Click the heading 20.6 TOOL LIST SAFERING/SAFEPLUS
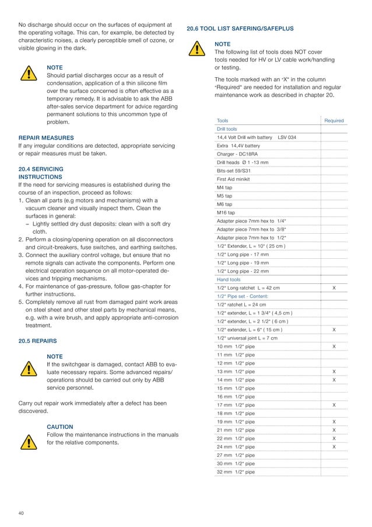(240, 28)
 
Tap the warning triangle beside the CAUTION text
(27, 442)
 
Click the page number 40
(22, 513)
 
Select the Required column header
(334, 120)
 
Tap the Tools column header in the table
(223, 120)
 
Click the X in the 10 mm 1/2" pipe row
(334, 346)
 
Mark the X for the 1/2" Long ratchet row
(334, 288)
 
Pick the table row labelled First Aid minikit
(233, 179)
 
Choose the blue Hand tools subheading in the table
(229, 279)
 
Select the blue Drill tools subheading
(227, 129)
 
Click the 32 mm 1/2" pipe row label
(236, 471)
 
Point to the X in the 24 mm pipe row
(334, 446)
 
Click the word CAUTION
(59, 427)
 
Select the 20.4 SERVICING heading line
(41, 169)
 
